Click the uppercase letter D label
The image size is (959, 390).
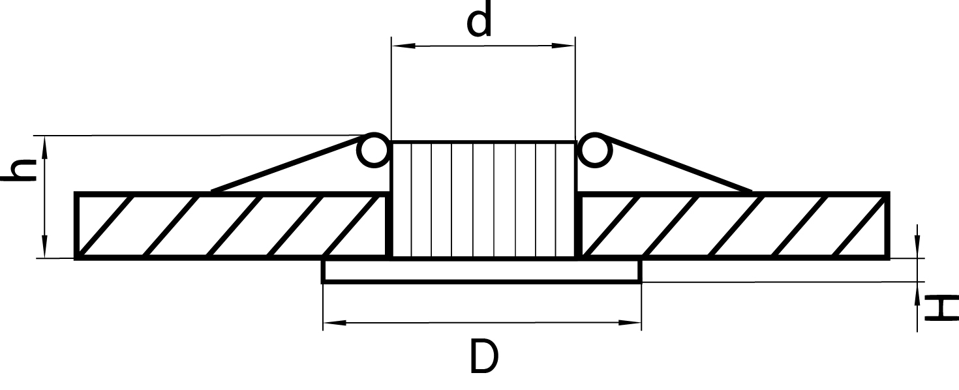[x=484, y=356]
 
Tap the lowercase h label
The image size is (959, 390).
[x=19, y=170]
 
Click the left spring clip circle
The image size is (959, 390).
[x=373, y=150]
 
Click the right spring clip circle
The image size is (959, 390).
[x=595, y=150]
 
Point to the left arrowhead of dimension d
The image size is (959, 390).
[x=403, y=45]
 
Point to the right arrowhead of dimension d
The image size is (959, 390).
[x=563, y=45]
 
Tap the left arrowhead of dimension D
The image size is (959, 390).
[x=335, y=322]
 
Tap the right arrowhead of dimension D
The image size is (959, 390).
[x=630, y=322]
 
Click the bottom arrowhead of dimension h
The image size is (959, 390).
[x=45, y=246]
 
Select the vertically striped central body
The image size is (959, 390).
[x=483, y=200]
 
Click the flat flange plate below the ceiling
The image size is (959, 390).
[x=482, y=271]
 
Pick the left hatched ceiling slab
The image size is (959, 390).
[x=232, y=226]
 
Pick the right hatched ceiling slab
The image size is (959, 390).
[x=733, y=226]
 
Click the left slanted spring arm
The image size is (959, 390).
[x=286, y=164]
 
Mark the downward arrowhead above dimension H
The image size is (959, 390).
[x=917, y=247]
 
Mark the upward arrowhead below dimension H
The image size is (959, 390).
[x=917, y=293]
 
